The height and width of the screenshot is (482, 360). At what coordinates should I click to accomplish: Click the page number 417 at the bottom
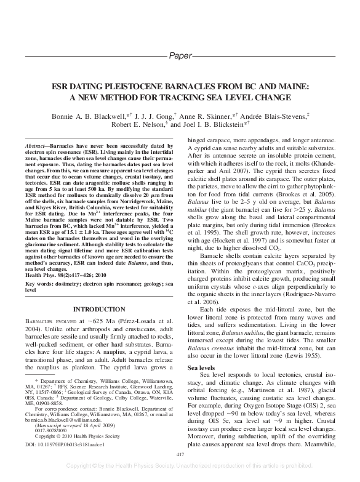pos(180,454)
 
